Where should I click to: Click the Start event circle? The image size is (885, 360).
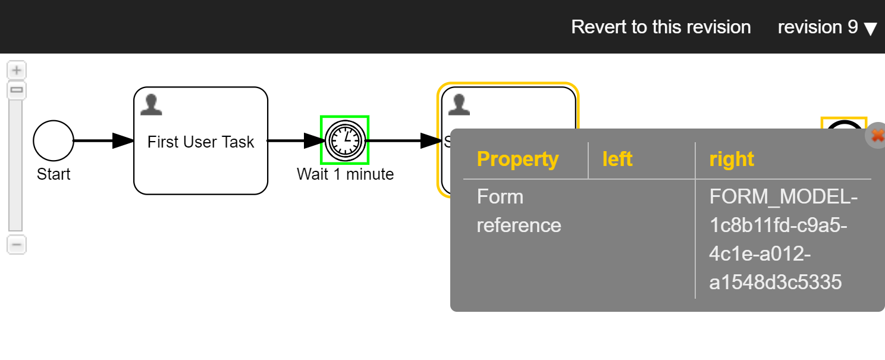pyautogui.click(x=54, y=141)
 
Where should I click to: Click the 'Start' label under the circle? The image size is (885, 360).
pyautogui.click(x=54, y=174)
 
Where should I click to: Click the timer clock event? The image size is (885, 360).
pyautogui.click(x=345, y=140)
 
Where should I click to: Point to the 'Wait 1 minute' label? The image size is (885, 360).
pyautogui.click(x=345, y=174)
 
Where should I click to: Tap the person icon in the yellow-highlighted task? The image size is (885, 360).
pyautogui.click(x=459, y=104)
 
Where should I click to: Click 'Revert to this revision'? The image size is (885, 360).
pyautogui.click(x=661, y=27)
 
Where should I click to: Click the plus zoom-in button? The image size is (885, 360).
pyautogui.click(x=17, y=70)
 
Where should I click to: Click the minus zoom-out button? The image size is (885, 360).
pyautogui.click(x=17, y=245)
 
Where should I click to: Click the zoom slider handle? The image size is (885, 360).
pyautogui.click(x=17, y=90)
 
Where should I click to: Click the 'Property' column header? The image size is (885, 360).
pyautogui.click(x=517, y=159)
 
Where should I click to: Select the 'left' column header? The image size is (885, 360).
pyautogui.click(x=617, y=159)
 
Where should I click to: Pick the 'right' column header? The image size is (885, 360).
pyautogui.click(x=732, y=159)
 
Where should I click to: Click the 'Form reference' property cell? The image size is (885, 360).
pyautogui.click(x=519, y=211)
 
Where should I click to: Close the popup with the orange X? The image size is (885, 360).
pyautogui.click(x=877, y=136)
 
